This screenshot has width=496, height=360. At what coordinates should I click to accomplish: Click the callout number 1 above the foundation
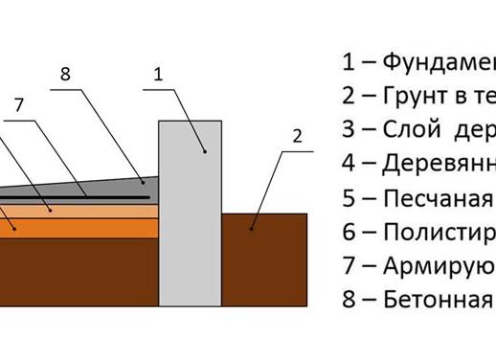click(158, 72)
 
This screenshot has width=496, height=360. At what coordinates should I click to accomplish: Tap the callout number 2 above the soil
click(297, 136)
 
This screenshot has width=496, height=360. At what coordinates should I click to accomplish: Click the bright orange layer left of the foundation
click(77, 227)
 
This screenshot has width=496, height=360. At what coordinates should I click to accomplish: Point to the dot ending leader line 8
click(141, 179)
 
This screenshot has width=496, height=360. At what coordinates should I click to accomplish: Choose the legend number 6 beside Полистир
click(349, 232)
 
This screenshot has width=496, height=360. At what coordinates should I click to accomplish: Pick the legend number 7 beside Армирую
click(349, 265)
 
